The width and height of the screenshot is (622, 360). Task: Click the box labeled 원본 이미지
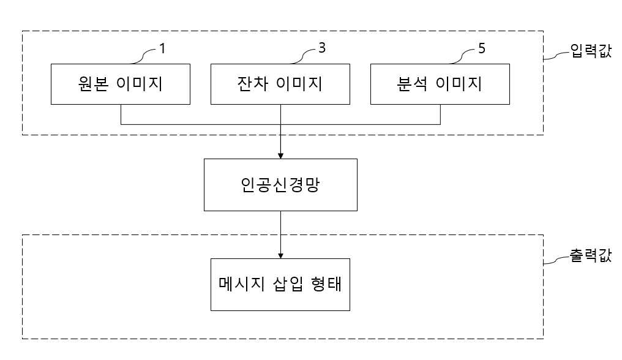[121, 84]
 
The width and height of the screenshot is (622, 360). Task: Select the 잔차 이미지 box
[280, 84]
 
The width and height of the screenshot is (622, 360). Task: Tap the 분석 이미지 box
[440, 84]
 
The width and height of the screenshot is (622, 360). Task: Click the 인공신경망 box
[280, 185]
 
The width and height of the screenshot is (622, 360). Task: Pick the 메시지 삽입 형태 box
[280, 285]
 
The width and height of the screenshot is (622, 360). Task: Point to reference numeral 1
[162, 48]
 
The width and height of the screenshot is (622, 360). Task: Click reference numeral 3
[321, 48]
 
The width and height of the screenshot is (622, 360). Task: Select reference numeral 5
[482, 48]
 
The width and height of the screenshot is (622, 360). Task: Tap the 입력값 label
[591, 51]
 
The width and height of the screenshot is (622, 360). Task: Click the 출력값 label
[591, 255]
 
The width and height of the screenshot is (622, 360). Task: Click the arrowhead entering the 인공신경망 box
[280, 156]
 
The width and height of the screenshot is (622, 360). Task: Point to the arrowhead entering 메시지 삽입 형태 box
[280, 255]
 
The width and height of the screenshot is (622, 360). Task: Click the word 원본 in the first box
[93, 84]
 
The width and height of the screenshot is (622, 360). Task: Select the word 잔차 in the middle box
[252, 84]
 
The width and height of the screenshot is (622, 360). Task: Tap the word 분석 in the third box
[412, 84]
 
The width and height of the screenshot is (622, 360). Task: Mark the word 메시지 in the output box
[242, 284]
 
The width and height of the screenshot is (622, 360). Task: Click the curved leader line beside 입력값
[556, 56]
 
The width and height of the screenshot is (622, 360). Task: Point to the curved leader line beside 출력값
[556, 260]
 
